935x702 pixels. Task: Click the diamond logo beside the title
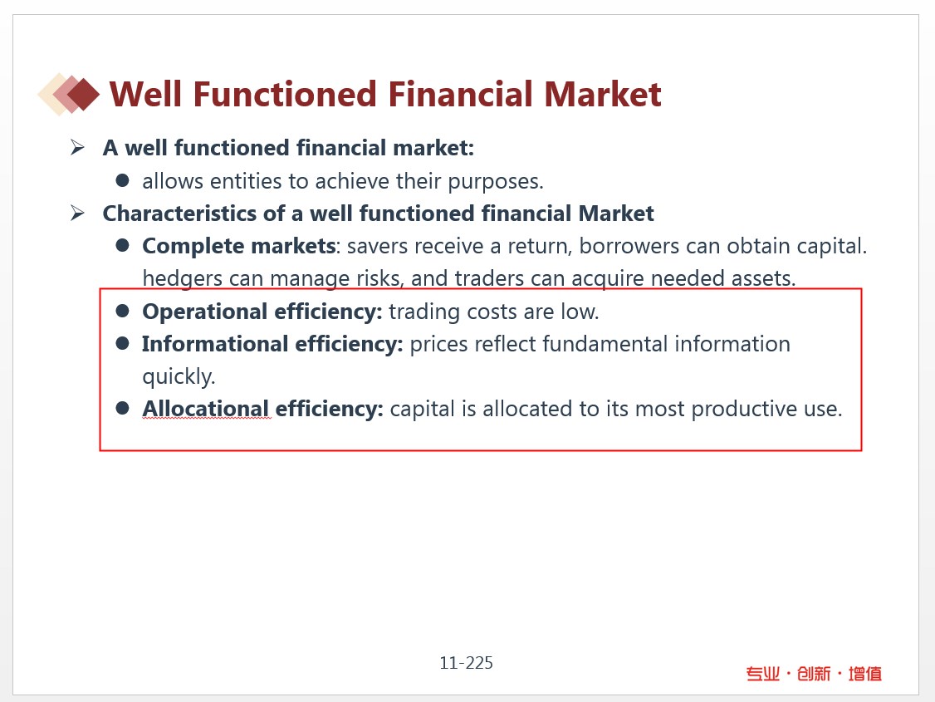[69, 94]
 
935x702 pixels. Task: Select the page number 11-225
[467, 663]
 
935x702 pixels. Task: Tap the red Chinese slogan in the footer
[814, 674]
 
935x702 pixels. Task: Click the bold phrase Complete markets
[239, 246]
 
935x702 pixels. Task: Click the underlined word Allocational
[206, 409]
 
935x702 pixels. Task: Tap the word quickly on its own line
[179, 377]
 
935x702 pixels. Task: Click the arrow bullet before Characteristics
[77, 213]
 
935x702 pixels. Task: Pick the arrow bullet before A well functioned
[77, 147]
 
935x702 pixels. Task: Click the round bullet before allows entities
[123, 180]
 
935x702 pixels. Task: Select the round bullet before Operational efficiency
[123, 310]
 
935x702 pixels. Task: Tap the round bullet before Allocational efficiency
[123, 408]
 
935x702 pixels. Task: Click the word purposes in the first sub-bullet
[495, 182]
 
